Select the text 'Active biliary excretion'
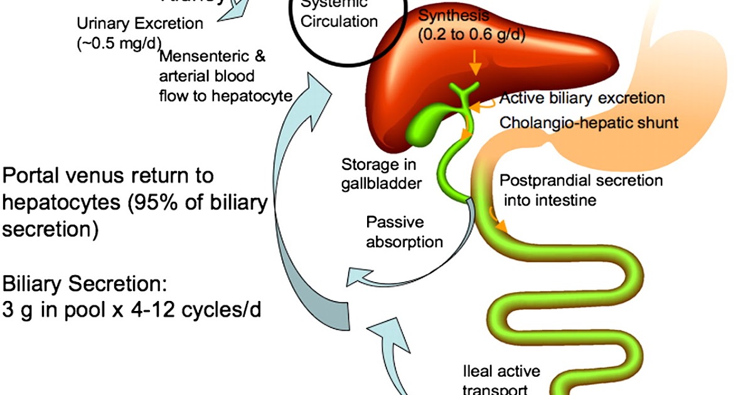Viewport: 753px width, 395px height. [582, 98]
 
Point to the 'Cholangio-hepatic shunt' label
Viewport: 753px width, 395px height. [589, 122]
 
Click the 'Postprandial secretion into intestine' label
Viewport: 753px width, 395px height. [580, 191]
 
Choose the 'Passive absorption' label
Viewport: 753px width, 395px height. [404, 232]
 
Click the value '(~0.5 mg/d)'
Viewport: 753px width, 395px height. [117, 43]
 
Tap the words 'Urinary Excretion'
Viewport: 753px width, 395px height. [140, 24]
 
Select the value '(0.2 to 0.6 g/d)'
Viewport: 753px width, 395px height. [471, 35]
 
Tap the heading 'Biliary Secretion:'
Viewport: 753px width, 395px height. [85, 285]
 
